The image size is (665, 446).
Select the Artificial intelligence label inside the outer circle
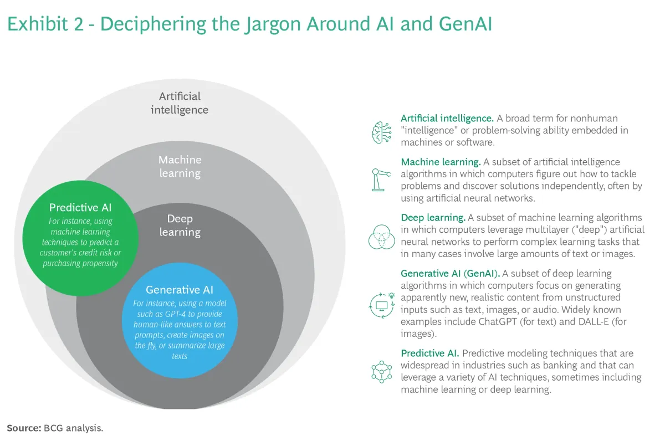point(180,103)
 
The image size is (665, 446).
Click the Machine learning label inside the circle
point(180,166)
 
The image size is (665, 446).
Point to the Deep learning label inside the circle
point(180,225)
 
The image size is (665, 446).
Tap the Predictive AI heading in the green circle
point(81,208)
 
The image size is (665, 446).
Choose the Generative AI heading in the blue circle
point(180,290)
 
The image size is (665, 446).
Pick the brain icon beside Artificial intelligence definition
point(382,131)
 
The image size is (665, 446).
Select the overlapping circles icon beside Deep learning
point(382,237)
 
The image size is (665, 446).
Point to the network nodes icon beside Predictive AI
point(381,371)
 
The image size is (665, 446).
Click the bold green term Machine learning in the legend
point(441,162)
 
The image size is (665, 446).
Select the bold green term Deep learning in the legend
point(433,218)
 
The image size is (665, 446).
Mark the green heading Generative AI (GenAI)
point(450,273)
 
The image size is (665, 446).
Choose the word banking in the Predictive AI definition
point(541,366)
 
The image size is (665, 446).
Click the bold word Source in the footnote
point(23,428)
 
